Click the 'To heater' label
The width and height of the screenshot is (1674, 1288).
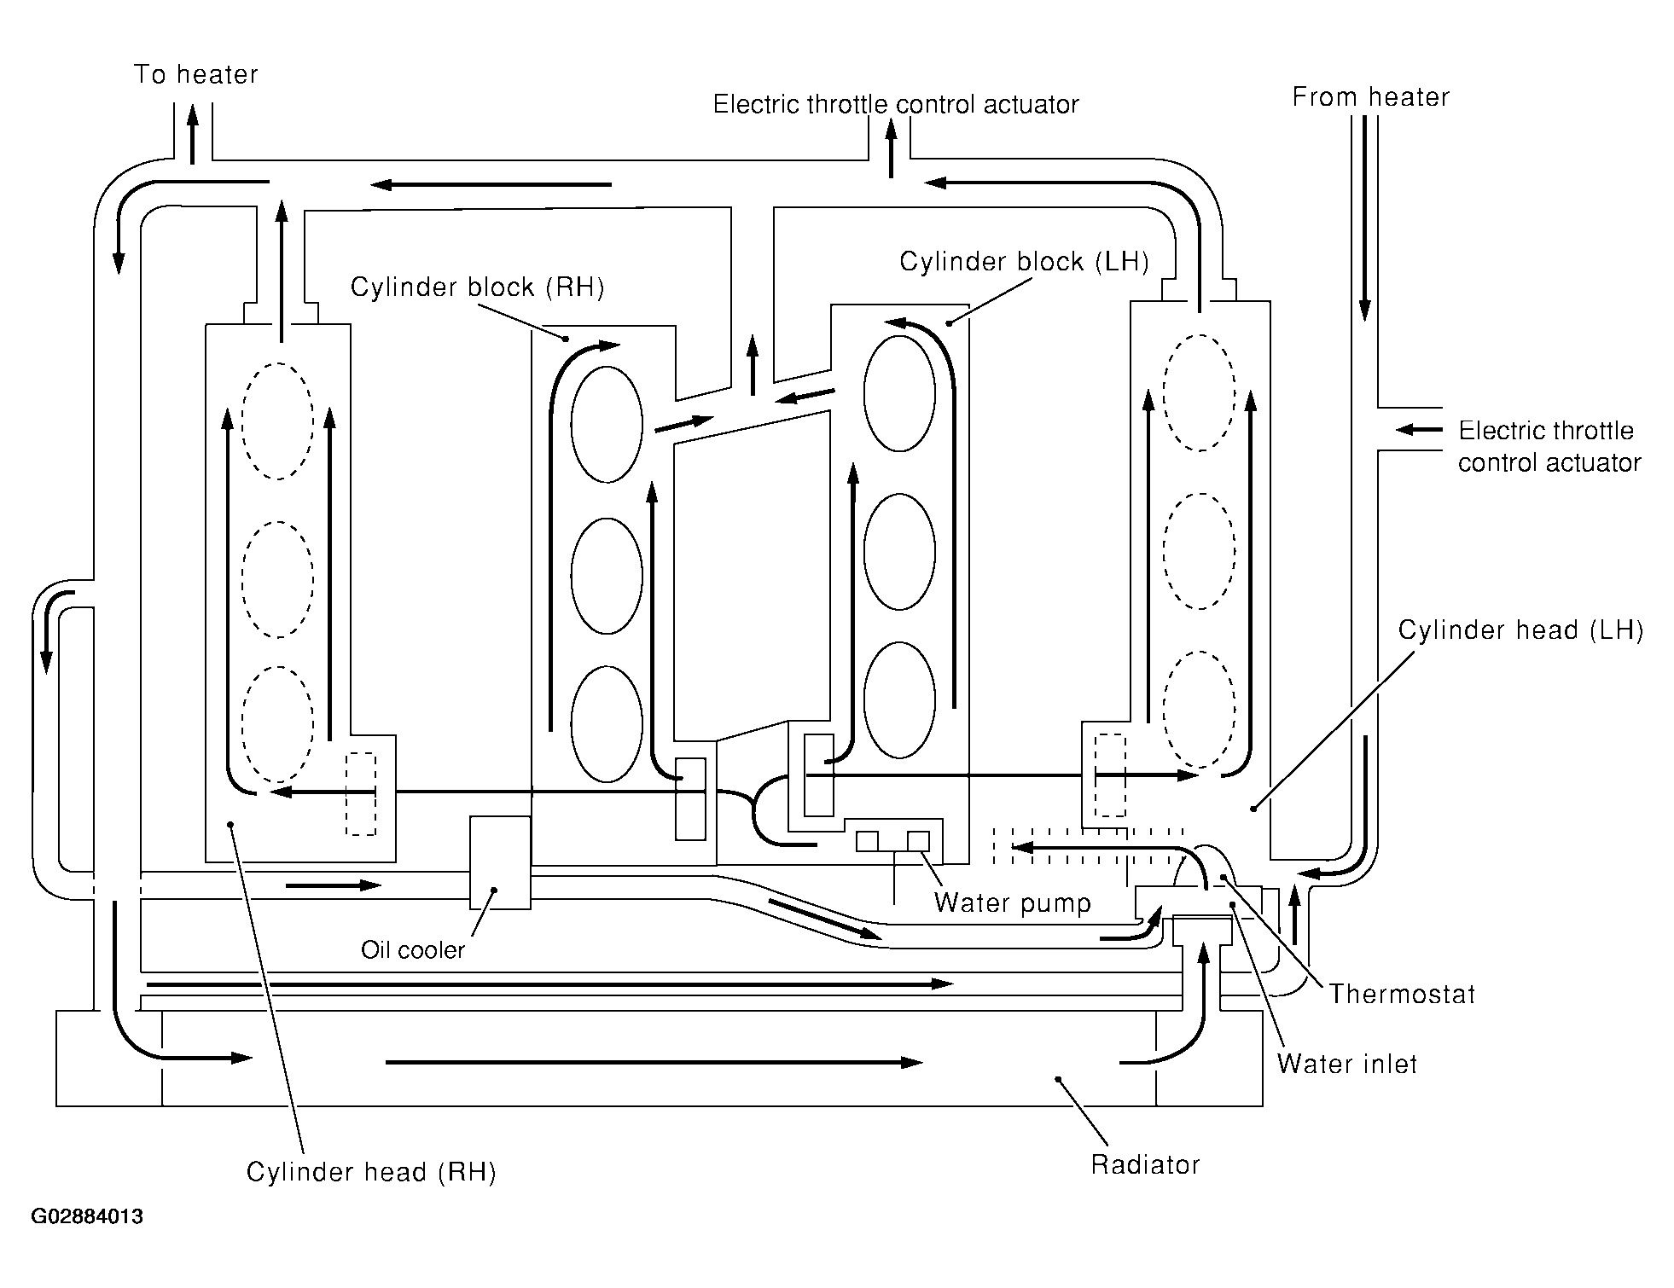tap(195, 74)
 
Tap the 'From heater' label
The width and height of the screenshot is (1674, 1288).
tap(1370, 97)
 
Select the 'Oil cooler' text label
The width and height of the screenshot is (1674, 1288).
tap(413, 950)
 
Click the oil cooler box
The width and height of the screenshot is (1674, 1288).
tap(500, 862)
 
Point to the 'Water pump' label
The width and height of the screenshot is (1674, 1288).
tap(1013, 903)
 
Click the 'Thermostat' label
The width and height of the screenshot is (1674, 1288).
tap(1402, 994)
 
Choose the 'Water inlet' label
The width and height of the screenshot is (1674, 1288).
tap(1347, 1064)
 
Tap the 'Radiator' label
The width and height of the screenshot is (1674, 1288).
tap(1145, 1164)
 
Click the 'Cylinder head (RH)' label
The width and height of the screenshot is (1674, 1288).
tap(371, 1172)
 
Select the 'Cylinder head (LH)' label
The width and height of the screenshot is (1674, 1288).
tap(1520, 630)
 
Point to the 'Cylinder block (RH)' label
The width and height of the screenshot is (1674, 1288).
tap(477, 287)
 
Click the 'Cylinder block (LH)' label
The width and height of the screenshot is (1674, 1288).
tap(1024, 262)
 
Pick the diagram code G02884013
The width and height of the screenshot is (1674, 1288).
tap(87, 1216)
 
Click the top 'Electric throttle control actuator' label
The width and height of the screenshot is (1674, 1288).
tap(896, 104)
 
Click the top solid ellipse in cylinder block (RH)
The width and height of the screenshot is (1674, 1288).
tap(607, 425)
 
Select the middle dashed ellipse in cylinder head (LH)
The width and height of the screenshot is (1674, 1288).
tap(1200, 551)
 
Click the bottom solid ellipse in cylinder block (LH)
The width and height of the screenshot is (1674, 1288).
tap(899, 699)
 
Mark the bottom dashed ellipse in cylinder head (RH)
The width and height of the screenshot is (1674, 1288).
tap(276, 723)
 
